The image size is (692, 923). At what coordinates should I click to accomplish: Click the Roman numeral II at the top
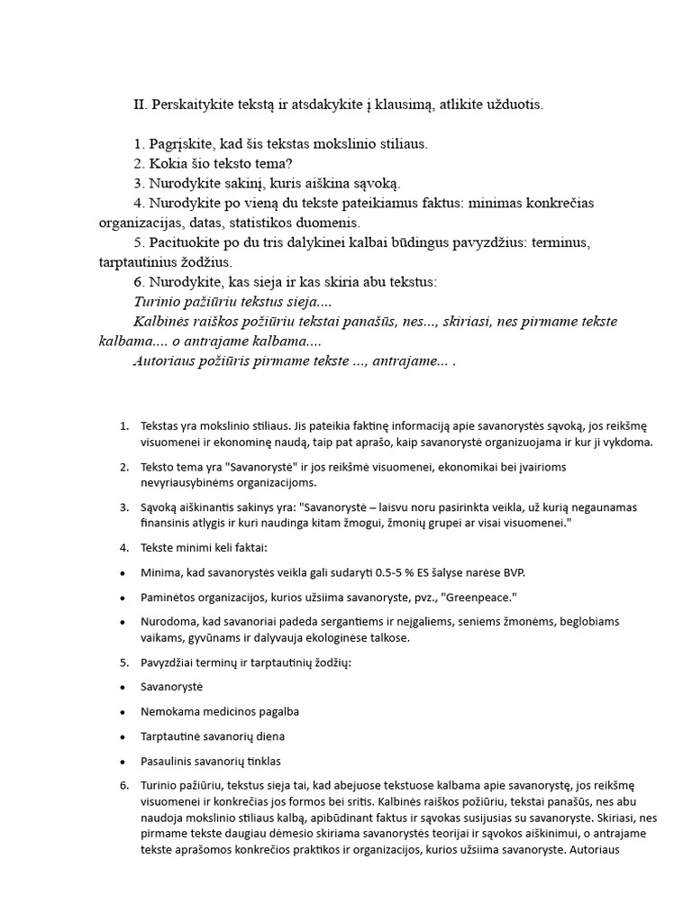140,105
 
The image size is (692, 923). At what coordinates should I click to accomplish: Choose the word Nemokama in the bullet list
170,711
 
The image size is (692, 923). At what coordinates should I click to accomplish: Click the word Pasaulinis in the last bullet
169,761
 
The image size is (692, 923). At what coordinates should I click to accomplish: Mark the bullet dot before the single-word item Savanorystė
123,687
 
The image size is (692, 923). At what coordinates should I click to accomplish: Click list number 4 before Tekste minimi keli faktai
124,547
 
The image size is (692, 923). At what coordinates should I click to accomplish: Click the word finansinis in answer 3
171,522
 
